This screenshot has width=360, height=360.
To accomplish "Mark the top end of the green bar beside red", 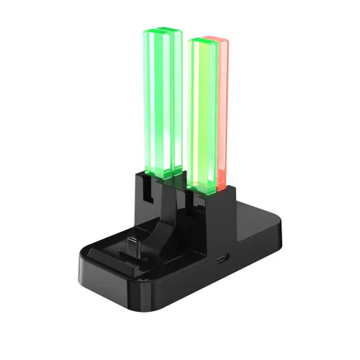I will click(x=202, y=40).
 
